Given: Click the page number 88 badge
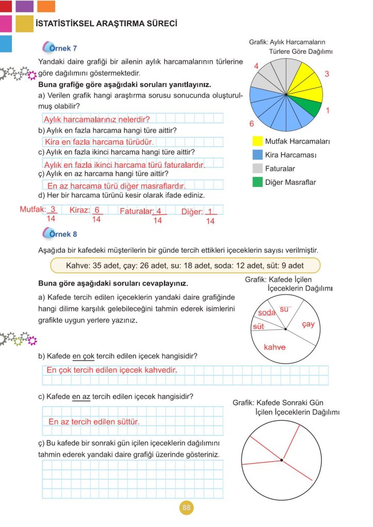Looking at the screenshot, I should [186, 508].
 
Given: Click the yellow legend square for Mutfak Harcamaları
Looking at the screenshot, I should [258, 141].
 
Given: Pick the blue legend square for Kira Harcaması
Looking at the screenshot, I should [258, 154].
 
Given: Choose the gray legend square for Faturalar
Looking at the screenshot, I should [258, 168].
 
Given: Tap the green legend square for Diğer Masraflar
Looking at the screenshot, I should [258, 182].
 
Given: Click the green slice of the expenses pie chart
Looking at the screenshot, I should [310, 106].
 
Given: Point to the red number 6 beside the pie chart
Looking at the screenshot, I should [251, 124].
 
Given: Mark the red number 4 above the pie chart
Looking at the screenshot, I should [256, 66].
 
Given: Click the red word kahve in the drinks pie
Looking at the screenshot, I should [275, 347].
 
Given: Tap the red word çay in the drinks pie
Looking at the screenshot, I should [308, 324].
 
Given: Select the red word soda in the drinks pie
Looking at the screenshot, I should [267, 312].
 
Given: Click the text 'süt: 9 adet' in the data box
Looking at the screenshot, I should [284, 266].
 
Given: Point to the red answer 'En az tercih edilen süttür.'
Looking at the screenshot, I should [94, 421].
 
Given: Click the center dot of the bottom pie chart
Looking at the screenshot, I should [281, 460].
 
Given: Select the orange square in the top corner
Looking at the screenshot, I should [46, 6].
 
